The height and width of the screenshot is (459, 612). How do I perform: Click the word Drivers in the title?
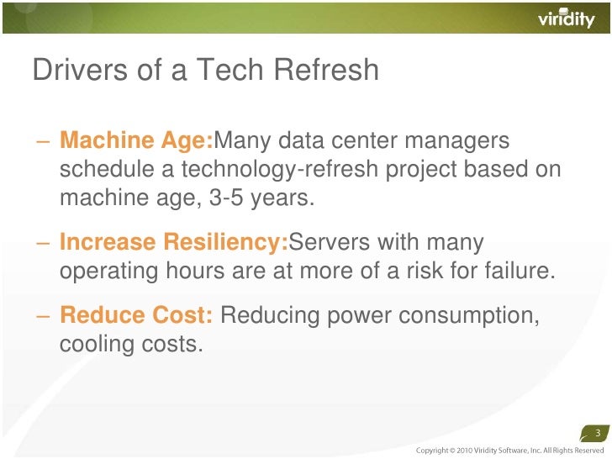(73, 71)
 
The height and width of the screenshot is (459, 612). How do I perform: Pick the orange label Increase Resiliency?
(174, 243)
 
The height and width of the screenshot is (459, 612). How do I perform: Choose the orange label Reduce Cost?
(136, 315)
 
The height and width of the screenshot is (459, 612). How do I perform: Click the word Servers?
(332, 243)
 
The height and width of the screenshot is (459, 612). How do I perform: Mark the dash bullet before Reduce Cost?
(42, 316)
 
